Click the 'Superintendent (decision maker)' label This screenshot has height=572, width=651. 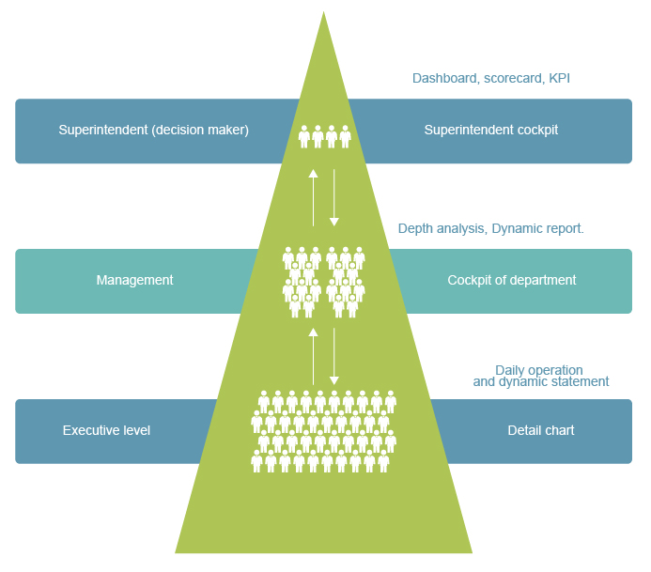point(153,131)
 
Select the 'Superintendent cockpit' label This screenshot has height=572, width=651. point(490,131)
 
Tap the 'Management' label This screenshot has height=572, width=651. point(134,280)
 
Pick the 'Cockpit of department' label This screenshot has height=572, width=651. point(511,280)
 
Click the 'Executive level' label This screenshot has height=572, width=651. point(106,430)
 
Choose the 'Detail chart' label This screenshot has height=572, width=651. point(540,430)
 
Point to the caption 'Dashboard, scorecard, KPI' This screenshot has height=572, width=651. point(491,79)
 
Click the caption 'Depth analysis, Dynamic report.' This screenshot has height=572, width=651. point(491,228)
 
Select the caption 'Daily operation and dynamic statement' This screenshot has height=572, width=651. point(540,376)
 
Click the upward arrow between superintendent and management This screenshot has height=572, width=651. point(314,197)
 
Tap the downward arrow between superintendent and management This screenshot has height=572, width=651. point(333,197)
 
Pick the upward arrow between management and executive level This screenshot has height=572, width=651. point(314,357)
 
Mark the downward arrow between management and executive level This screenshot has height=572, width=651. point(333,357)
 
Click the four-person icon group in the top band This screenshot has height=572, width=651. point(324,136)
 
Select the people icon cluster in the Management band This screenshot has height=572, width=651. point(324,281)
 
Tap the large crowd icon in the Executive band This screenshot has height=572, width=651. point(324,431)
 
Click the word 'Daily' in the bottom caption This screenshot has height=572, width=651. point(512,370)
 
